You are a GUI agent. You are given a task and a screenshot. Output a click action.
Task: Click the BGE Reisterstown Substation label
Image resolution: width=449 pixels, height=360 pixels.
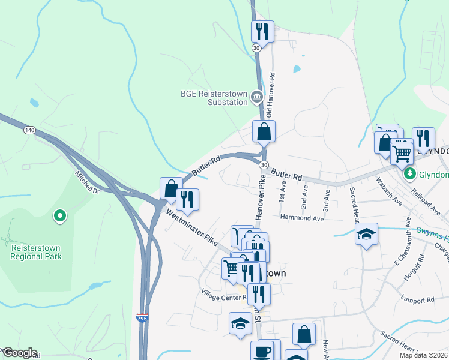click(214, 97)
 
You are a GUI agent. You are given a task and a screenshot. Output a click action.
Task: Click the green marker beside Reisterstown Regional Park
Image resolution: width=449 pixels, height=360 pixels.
click(59, 215)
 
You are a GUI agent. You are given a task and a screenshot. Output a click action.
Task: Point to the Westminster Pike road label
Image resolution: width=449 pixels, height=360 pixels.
click(191, 224)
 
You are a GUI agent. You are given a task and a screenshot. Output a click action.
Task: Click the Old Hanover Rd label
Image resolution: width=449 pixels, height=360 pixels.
click(271, 95)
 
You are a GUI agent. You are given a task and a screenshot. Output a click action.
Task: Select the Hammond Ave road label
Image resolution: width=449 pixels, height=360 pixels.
click(301, 218)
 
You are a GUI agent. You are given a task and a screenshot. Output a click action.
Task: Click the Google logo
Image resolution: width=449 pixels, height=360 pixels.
click(19, 353)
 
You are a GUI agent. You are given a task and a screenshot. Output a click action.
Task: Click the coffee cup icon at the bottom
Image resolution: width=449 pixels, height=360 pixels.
click(262, 350)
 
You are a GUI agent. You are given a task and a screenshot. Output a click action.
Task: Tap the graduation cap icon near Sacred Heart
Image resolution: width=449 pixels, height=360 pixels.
click(365, 234)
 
